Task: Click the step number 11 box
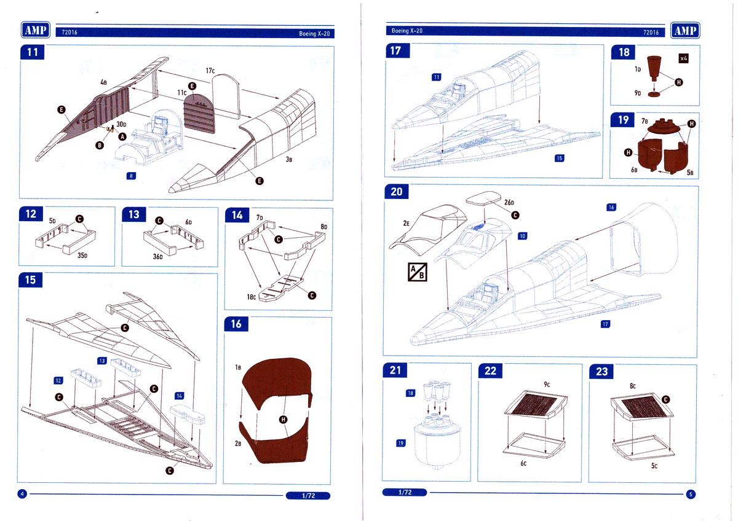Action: click(33, 52)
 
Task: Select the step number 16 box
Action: click(237, 324)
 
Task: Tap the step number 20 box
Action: click(397, 192)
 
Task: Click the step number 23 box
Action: click(601, 371)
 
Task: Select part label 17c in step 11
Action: click(210, 71)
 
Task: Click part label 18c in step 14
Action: click(252, 297)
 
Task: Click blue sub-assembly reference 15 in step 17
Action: click(559, 158)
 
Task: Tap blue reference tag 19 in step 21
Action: click(400, 442)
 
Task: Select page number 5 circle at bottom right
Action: click(691, 493)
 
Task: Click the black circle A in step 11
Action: click(122, 136)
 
